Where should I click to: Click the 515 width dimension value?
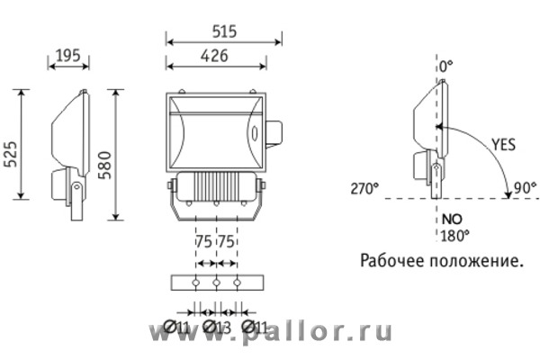click(x=224, y=31)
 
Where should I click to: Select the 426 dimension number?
click(x=214, y=56)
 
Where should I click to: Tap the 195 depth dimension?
click(x=68, y=56)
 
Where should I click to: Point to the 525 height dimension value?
click(x=11, y=154)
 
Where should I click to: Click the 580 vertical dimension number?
click(x=105, y=165)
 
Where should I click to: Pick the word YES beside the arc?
click(x=503, y=145)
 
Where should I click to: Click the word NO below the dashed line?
click(x=452, y=219)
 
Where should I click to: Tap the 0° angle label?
click(x=446, y=67)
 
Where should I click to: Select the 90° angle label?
click(x=525, y=188)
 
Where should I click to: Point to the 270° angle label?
click(x=364, y=189)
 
